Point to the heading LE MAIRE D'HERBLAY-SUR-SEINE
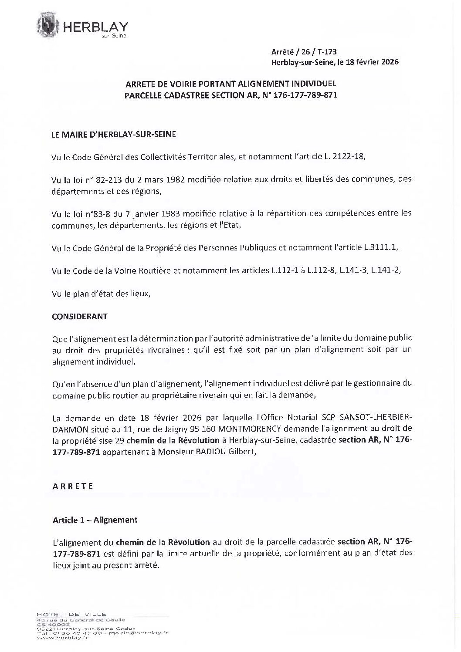[x=114, y=135]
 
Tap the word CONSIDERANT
[x=80, y=317]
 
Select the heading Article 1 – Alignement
[x=95, y=520]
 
